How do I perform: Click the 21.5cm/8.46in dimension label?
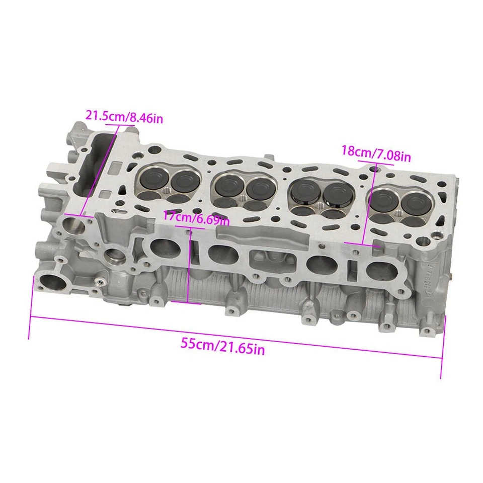pyautogui.click(x=124, y=117)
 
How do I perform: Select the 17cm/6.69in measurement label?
pyautogui.click(x=196, y=218)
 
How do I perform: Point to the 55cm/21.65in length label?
pyautogui.click(x=222, y=346)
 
